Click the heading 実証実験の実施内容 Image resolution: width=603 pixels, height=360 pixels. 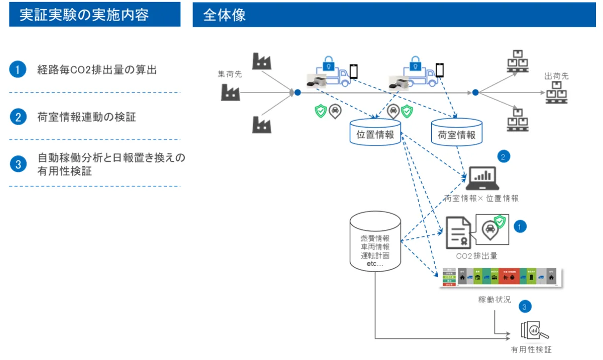coord(84,15)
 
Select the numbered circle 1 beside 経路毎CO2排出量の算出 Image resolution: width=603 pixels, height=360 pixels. coord(18,69)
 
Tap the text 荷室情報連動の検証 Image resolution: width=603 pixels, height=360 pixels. coord(86,117)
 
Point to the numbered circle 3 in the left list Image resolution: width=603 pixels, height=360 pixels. coord(18,164)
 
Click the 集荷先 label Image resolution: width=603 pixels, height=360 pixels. coord(230,74)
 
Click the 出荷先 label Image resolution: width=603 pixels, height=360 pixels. coord(556,76)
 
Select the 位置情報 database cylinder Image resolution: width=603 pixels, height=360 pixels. coord(374,133)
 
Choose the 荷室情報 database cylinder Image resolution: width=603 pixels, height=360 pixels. coord(457,133)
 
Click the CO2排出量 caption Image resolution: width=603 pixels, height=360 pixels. coord(476,255)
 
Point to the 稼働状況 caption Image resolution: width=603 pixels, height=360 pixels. coord(494,300)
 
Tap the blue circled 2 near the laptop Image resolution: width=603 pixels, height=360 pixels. coord(504,156)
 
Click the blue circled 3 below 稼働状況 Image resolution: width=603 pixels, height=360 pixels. coord(525,306)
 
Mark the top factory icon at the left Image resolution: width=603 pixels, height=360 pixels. coord(261,61)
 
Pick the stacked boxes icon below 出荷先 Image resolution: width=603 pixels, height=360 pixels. coord(556,93)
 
